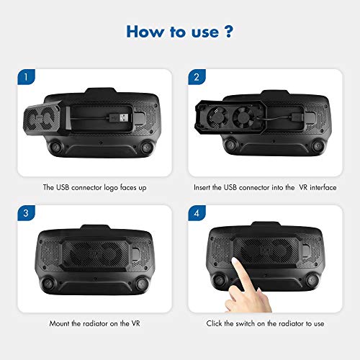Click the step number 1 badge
point(26,77)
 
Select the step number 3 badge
point(26,214)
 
